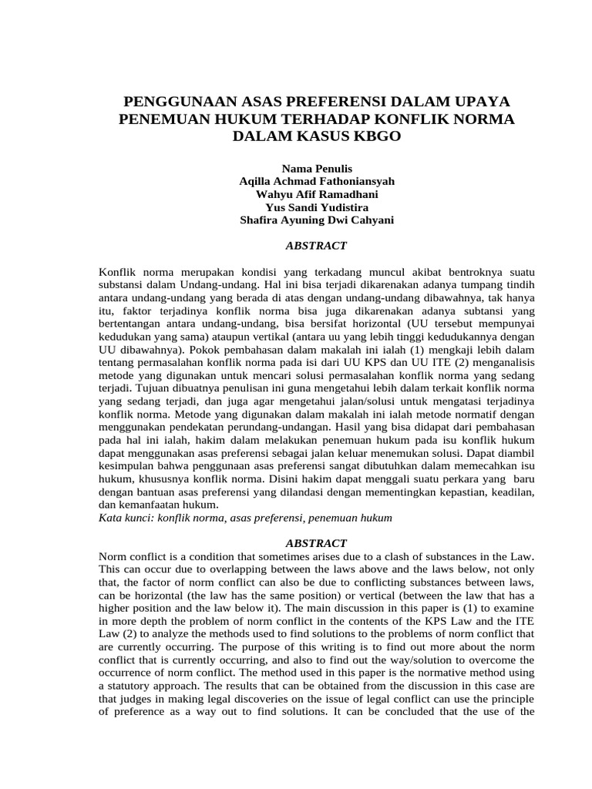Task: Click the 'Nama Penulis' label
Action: pyautogui.click(x=317, y=168)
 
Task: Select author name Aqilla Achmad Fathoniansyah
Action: pyautogui.click(x=317, y=181)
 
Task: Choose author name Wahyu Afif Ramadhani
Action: pyautogui.click(x=317, y=194)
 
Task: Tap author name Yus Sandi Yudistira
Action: pyautogui.click(x=317, y=207)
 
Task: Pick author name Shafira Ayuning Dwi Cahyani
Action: pyautogui.click(x=317, y=220)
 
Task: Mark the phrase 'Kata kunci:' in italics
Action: pyautogui.click(x=127, y=518)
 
